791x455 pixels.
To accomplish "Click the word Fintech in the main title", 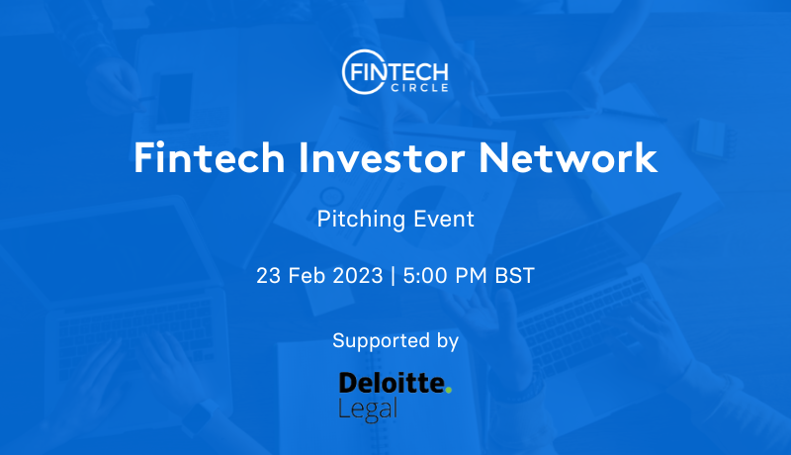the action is pyautogui.click(x=210, y=158).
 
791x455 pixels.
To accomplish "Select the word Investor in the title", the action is pyautogui.click(x=382, y=158).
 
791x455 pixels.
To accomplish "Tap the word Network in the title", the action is pyautogui.click(x=568, y=158).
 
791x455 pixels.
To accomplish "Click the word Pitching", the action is pyautogui.click(x=361, y=220).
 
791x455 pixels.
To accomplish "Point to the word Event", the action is pyautogui.click(x=444, y=219).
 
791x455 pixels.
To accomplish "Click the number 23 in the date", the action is pyautogui.click(x=268, y=276).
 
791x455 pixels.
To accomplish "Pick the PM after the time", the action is pyautogui.click(x=471, y=276).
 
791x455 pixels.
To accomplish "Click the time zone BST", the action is pyautogui.click(x=514, y=276).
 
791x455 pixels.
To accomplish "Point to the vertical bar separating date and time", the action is pyautogui.click(x=393, y=276).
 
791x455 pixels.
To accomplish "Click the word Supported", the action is pyautogui.click(x=381, y=341).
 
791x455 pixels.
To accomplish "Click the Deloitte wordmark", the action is pyautogui.click(x=392, y=383).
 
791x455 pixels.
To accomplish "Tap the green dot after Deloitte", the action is pyautogui.click(x=449, y=390).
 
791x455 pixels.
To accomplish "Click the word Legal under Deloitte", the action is pyautogui.click(x=368, y=409).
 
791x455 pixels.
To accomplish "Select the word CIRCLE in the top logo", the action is pyautogui.click(x=419, y=88).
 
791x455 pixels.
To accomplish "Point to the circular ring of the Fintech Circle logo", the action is pyautogui.click(x=343, y=71).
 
